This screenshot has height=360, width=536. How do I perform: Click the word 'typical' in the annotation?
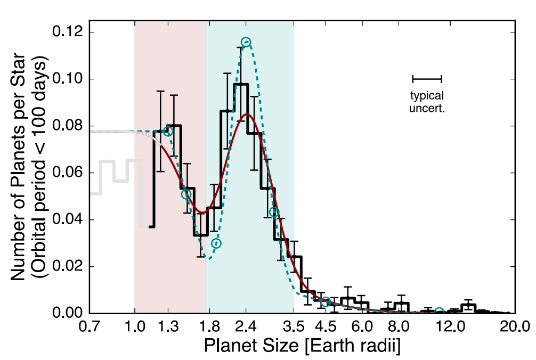[427, 96]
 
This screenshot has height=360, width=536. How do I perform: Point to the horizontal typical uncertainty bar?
[427, 79]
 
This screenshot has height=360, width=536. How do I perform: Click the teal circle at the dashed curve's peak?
[246, 42]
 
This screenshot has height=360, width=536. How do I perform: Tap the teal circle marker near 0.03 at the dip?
[216, 243]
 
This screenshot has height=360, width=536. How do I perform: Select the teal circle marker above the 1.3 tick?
[168, 132]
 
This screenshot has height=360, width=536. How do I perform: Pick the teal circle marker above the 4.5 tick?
[326, 302]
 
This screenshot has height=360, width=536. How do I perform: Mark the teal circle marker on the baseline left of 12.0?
[439, 312]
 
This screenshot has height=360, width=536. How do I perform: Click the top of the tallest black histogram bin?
[241, 84]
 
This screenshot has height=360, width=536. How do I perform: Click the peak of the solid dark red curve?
[247, 114]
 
